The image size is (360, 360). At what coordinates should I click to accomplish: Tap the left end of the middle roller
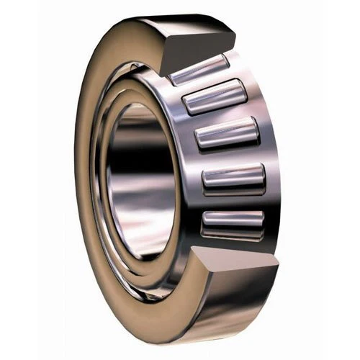197,137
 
